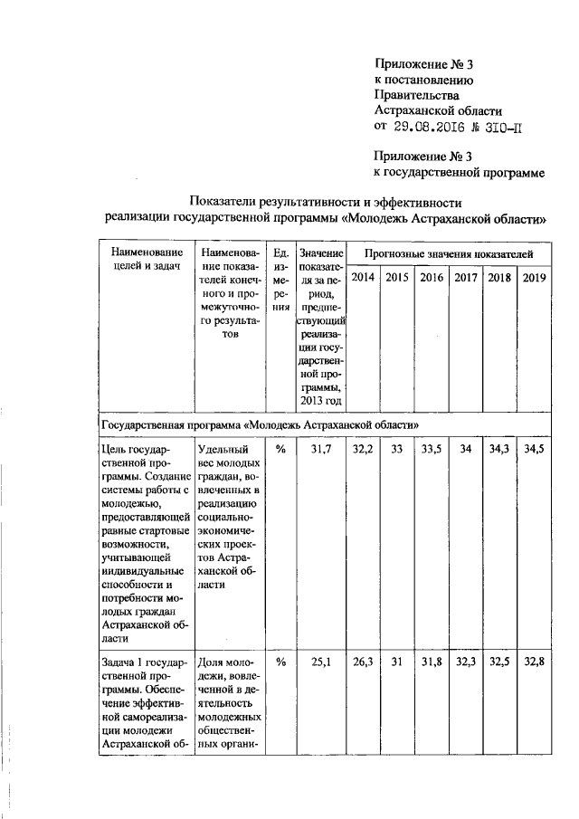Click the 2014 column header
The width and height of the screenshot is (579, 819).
[363, 277]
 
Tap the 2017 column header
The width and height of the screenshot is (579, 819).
[465, 277]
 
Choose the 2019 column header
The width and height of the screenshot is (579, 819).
[534, 277]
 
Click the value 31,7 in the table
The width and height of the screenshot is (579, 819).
[320, 447]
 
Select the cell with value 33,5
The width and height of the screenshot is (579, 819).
[431, 447]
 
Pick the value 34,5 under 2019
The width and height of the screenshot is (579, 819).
[534, 447]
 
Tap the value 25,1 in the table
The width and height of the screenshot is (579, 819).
[320, 662]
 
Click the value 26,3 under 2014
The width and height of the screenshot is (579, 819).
[363, 662]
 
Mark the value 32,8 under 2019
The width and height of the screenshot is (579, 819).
[534, 662]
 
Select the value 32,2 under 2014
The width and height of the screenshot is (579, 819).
[363, 447]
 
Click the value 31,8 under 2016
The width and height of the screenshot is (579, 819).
[431, 662]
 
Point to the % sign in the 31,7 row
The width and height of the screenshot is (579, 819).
[280, 447]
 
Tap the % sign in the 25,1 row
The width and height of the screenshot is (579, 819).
[280, 662]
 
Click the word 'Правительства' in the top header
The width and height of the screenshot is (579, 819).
[417, 95]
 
